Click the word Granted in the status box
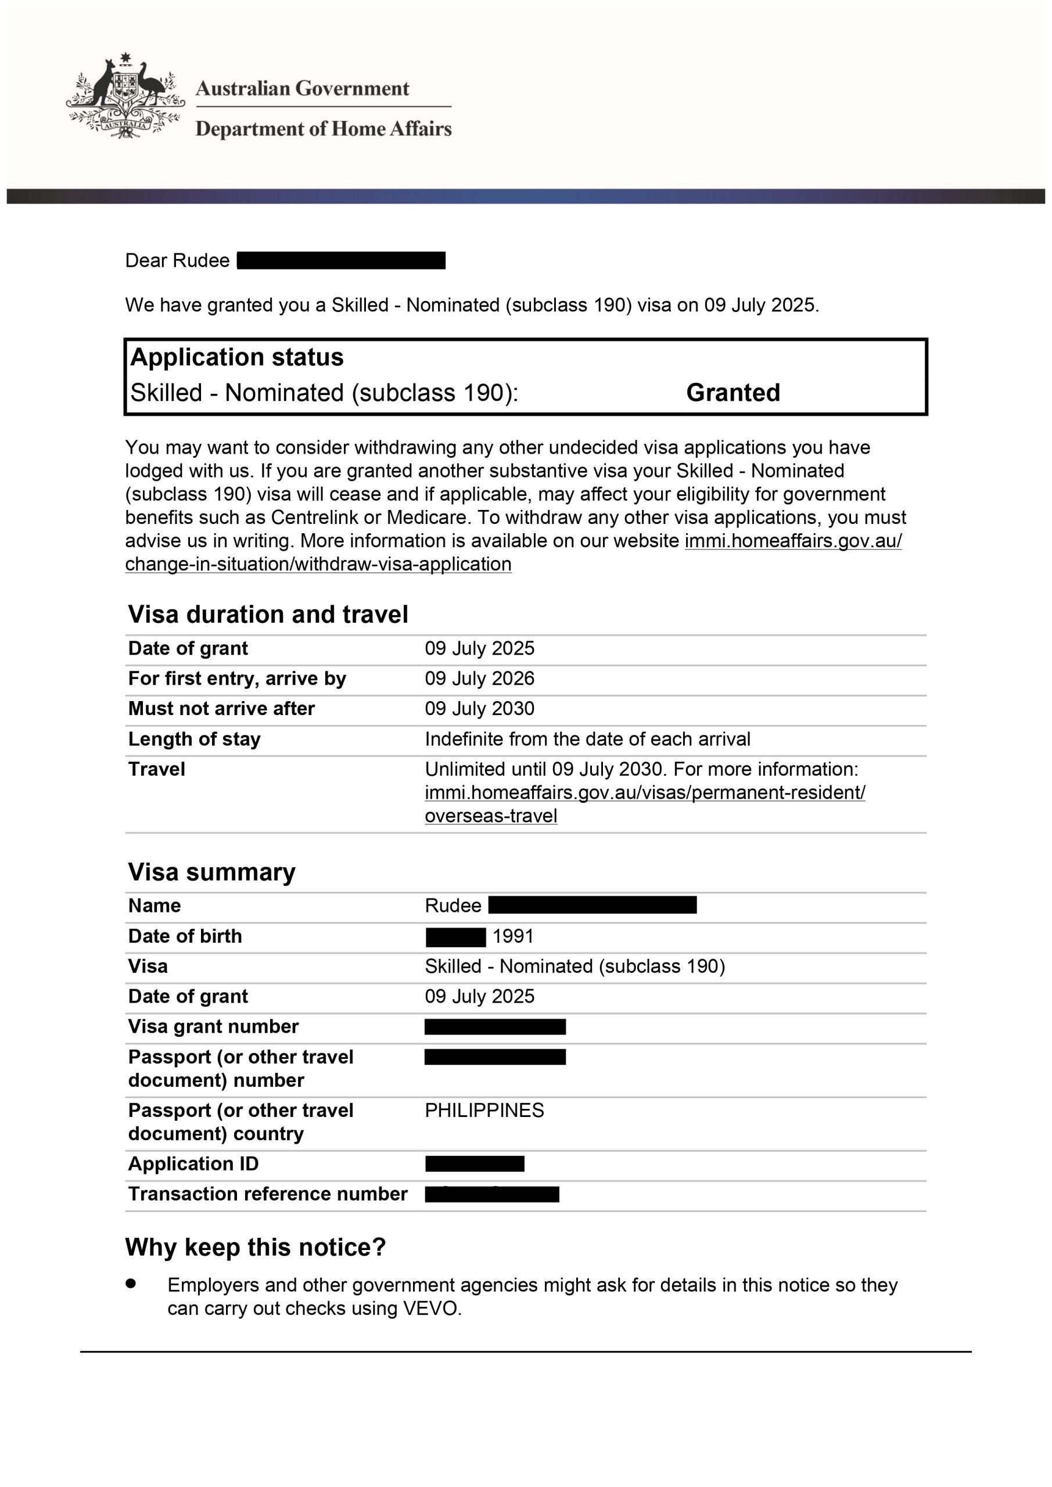point(733,393)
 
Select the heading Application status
point(237,357)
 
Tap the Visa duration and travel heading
point(268,614)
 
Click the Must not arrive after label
point(221,709)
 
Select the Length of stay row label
point(195,739)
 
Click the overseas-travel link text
point(490,816)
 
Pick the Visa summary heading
point(212,872)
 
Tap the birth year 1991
point(513,936)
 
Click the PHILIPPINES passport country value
point(484,1110)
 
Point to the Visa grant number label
point(213,1026)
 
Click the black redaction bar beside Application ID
point(474,1164)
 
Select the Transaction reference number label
point(268,1194)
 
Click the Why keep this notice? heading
point(255,1247)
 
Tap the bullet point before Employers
point(131,1283)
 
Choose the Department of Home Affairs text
point(323,129)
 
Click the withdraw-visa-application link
point(318,564)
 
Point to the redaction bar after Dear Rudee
point(341,260)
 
